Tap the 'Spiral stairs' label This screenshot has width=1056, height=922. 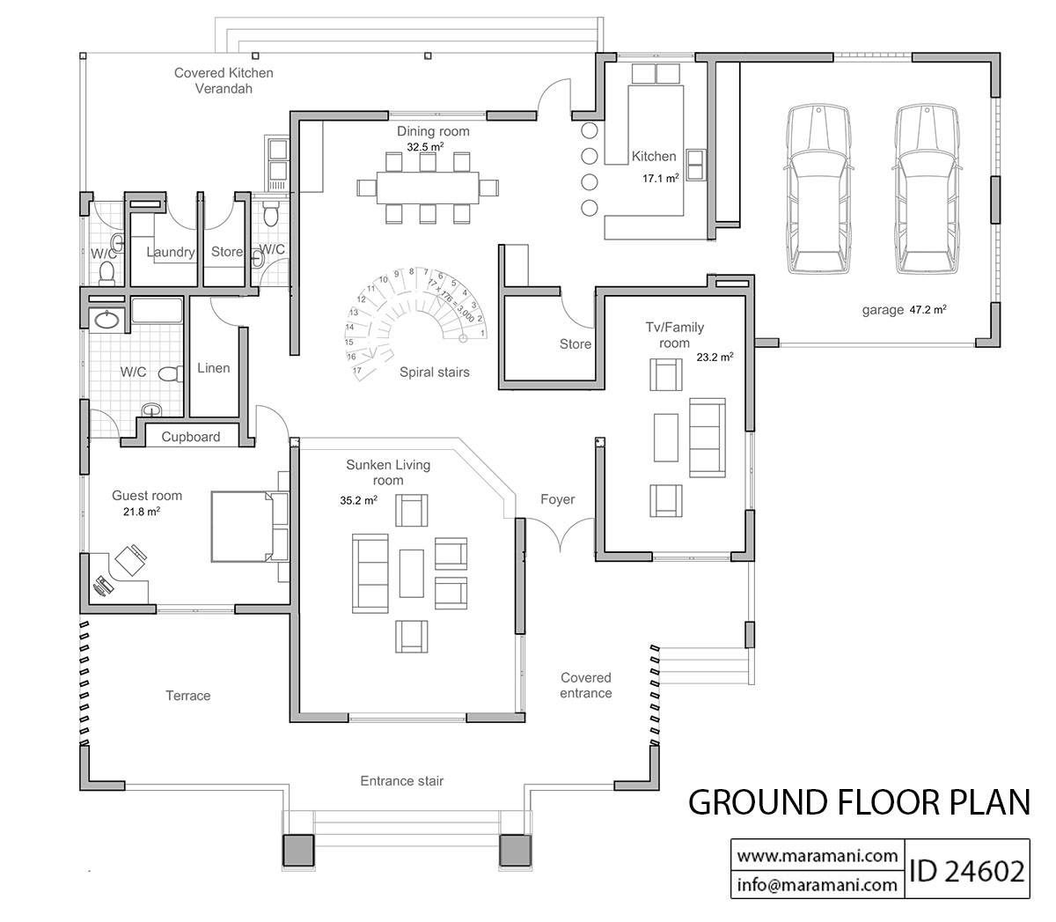tap(434, 372)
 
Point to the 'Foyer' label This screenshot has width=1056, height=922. tap(557, 499)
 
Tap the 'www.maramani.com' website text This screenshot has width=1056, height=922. tap(817, 855)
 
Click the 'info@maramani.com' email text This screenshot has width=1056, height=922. tap(817, 884)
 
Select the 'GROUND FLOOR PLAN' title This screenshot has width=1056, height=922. tap(858, 802)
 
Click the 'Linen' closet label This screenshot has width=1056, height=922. tap(213, 368)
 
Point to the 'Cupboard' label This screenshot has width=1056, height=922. tap(191, 437)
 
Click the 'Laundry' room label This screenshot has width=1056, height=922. tap(170, 252)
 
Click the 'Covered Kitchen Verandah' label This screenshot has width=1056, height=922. tap(224, 80)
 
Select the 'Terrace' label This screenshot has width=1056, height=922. tap(188, 696)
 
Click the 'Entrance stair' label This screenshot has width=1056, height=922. tap(402, 781)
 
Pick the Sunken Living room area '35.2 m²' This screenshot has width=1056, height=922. tap(359, 500)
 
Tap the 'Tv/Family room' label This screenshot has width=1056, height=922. tap(675, 335)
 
